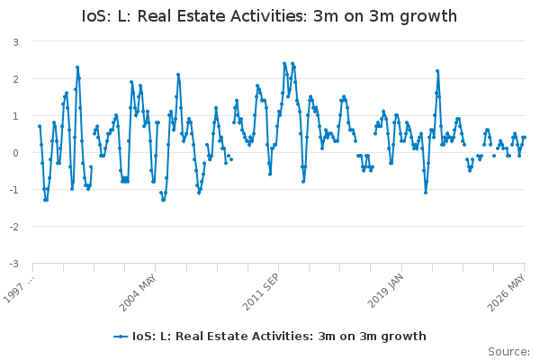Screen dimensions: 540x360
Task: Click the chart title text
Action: [269, 16]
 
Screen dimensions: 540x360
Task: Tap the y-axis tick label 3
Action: [15, 42]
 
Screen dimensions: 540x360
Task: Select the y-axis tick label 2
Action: [15, 79]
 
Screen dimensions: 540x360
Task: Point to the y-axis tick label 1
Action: [15, 116]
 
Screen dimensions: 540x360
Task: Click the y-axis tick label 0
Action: [15, 153]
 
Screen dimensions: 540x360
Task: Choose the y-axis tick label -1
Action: [14, 190]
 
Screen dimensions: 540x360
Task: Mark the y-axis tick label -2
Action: [14, 227]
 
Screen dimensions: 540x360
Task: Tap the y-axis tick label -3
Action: [14, 264]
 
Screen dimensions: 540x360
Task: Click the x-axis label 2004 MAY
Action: [138, 292]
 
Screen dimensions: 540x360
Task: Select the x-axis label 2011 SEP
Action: [261, 292]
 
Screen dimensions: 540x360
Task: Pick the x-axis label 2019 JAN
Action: [385, 291]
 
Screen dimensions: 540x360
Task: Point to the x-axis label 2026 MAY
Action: [507, 292]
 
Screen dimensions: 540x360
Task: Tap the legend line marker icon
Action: [121, 337]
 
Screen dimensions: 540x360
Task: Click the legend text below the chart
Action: [279, 337]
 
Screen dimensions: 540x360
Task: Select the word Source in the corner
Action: [508, 352]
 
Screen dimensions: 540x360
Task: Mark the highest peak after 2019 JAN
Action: [437, 71]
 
